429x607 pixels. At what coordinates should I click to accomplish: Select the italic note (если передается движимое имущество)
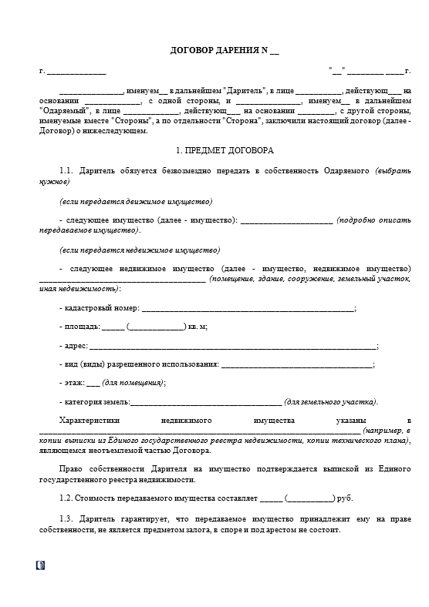click(x=135, y=201)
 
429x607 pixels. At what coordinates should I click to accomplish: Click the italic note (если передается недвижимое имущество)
click(x=139, y=250)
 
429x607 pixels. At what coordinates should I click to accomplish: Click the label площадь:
click(x=79, y=327)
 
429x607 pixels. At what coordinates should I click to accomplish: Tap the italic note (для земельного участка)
click(x=331, y=402)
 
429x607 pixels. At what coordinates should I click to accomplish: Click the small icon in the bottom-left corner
click(x=40, y=565)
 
